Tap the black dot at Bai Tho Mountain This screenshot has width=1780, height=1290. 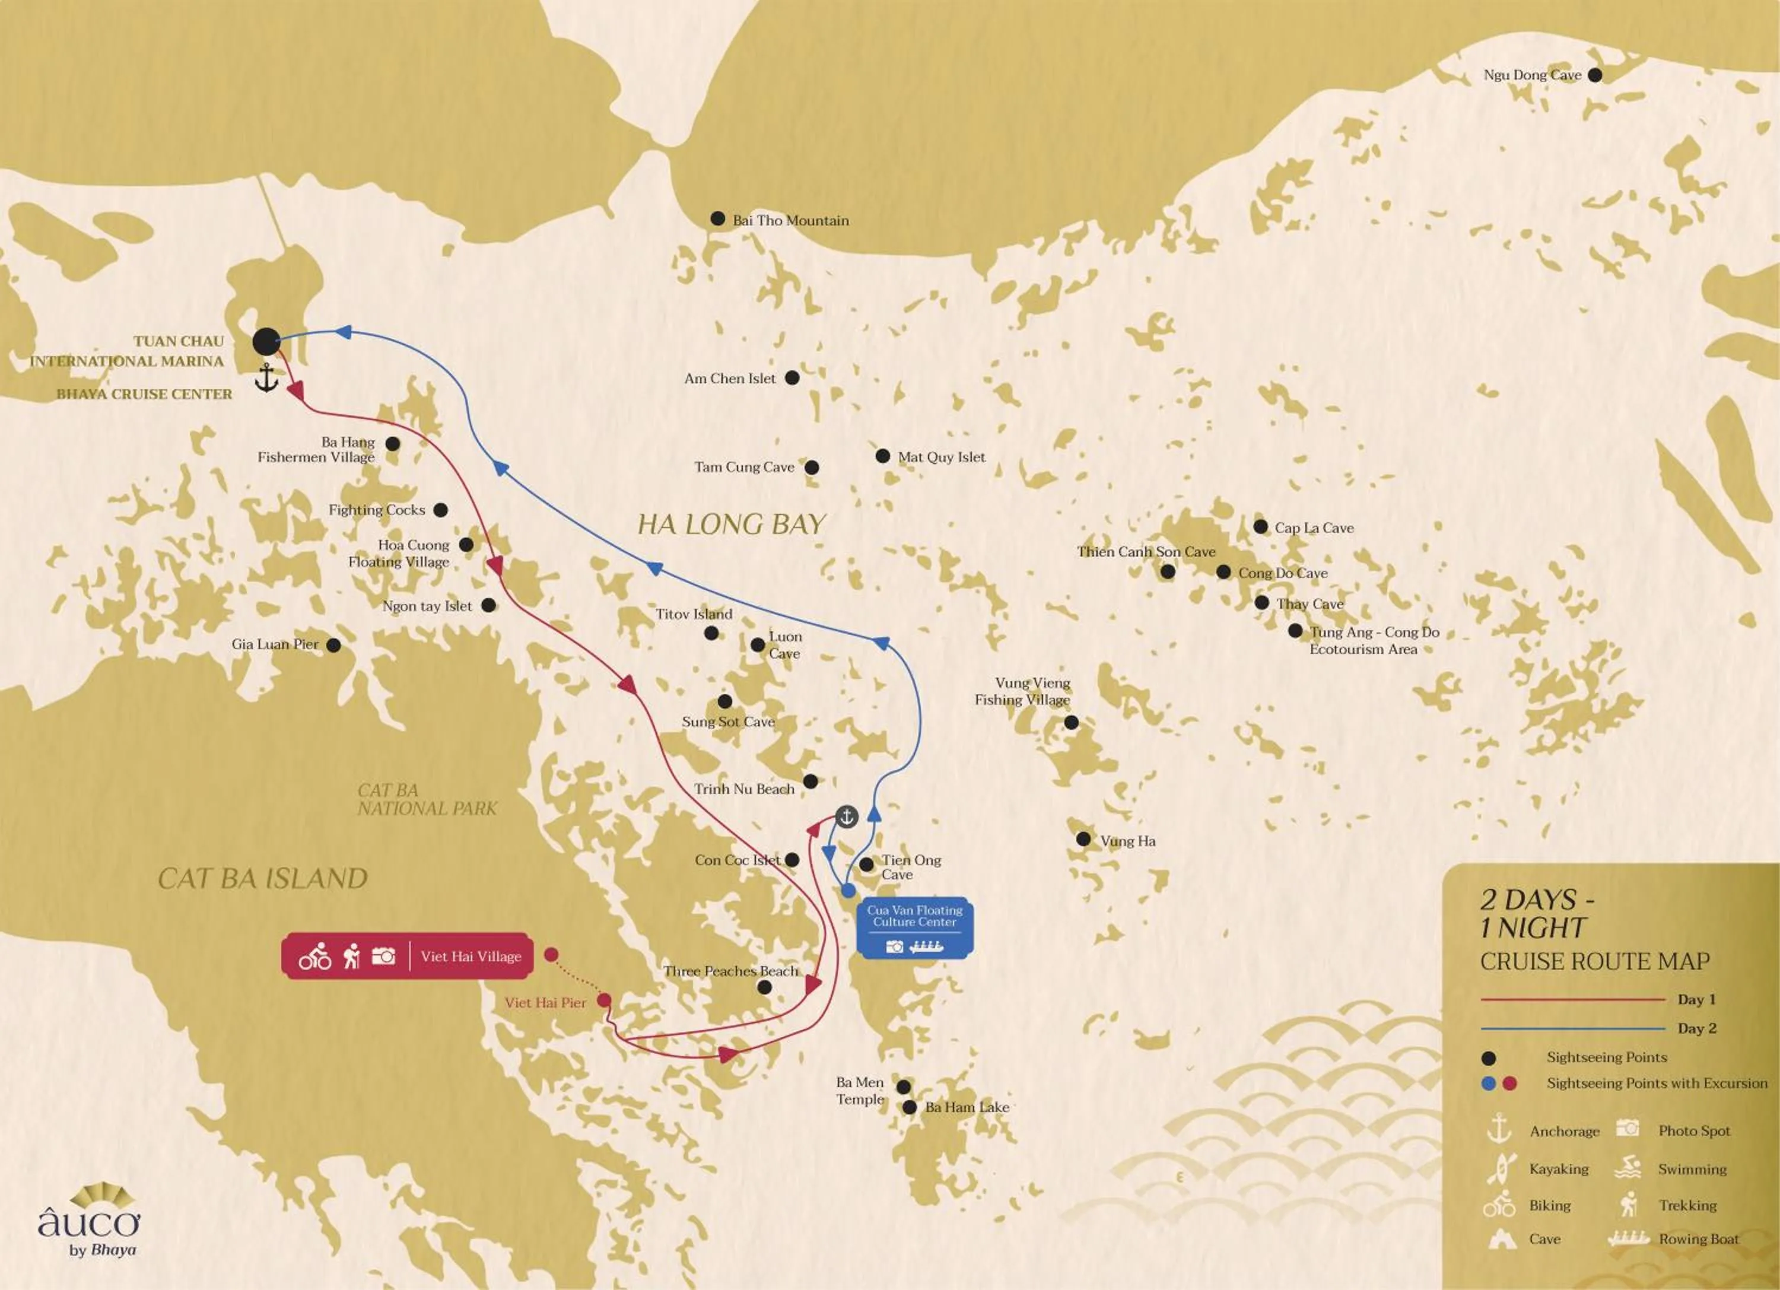pos(717,219)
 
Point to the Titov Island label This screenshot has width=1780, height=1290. pos(694,614)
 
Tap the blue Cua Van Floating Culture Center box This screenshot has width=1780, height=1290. pos(914,927)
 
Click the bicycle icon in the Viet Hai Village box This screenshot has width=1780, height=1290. pos(314,957)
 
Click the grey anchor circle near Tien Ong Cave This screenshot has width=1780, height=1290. pos(846,817)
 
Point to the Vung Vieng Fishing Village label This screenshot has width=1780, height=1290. pos(1023,691)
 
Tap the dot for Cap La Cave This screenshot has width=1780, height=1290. pos(1260,526)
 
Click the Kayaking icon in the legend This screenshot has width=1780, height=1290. pos(1498,1168)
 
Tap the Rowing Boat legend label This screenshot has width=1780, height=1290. pos(1698,1239)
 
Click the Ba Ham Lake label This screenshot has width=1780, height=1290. pos(967,1107)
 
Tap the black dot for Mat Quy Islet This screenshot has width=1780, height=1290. pos(882,456)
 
